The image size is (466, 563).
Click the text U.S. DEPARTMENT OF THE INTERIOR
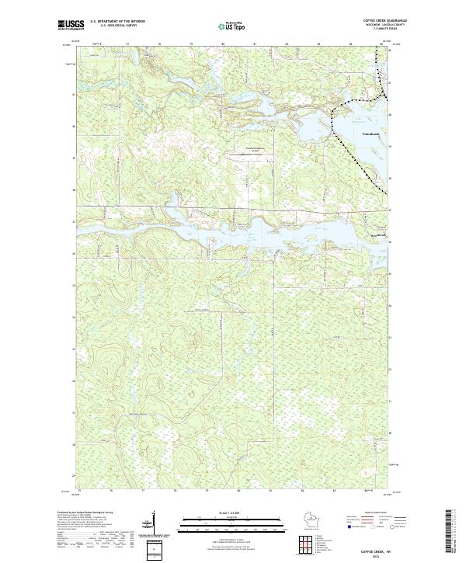117,22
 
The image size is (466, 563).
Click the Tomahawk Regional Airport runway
248,149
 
